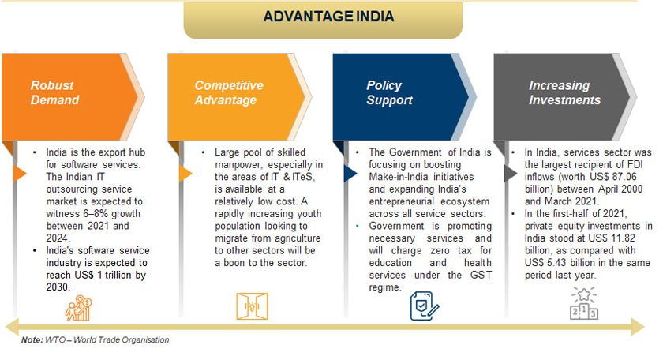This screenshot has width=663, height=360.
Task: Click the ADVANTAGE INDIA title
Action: pos(328,17)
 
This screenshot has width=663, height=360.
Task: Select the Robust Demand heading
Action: pos(54,92)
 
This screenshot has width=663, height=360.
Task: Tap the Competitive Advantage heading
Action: pos(229,92)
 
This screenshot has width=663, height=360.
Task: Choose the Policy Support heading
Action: pos(389,92)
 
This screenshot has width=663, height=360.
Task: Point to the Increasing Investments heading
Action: pos(564,92)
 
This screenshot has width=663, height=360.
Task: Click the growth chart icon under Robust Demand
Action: pos(78,308)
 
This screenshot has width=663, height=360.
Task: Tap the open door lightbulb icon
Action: pos(252,306)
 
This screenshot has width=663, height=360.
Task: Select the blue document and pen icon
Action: pos(425,306)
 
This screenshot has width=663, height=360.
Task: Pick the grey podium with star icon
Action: pos(584,304)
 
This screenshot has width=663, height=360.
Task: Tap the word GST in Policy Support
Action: pos(481,275)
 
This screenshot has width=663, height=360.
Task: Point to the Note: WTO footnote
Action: pos(96,339)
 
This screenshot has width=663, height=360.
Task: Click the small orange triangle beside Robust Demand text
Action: pos(20,174)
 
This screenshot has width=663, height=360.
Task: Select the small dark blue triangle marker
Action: pos(350,174)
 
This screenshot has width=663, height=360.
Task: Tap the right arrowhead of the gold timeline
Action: pos(638,327)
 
